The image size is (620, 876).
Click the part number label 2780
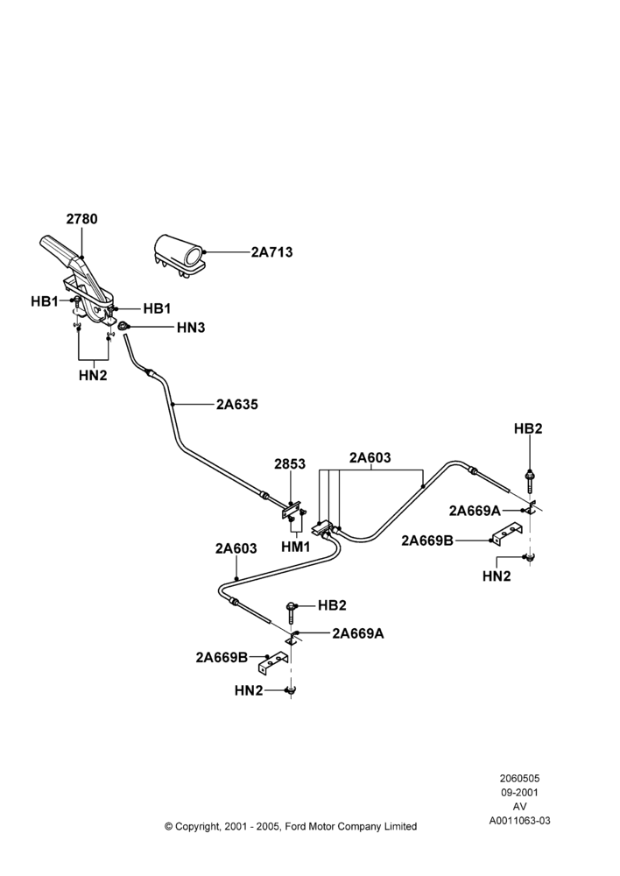click(81, 219)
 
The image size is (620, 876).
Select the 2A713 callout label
click(271, 252)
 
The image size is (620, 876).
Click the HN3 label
click(191, 328)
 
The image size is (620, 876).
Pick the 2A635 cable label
click(237, 404)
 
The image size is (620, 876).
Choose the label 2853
click(290, 464)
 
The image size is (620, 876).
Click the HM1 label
click(295, 547)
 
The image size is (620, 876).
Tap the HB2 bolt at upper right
click(528, 480)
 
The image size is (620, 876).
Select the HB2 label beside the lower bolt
click(333, 605)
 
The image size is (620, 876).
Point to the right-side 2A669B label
click(426, 540)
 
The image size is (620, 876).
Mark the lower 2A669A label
click(358, 633)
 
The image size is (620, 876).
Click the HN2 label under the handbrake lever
click(93, 376)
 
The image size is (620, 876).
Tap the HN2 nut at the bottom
click(291, 691)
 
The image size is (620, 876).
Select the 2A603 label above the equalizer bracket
click(370, 458)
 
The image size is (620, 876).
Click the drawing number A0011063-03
click(519, 821)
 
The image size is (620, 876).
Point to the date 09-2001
click(519, 792)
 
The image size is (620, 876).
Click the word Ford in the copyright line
click(295, 826)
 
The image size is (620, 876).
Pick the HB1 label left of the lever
click(45, 301)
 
